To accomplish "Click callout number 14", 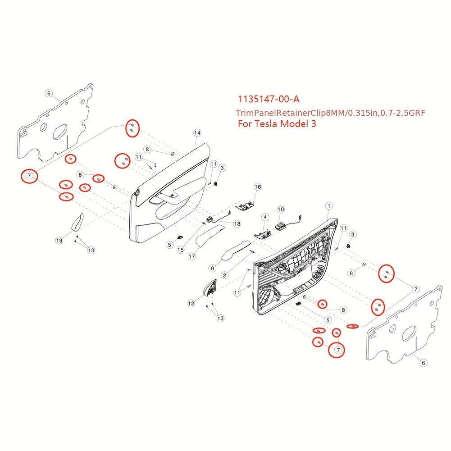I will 197,132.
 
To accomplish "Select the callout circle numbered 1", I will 329,205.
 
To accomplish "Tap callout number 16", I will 258,187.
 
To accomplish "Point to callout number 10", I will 281,210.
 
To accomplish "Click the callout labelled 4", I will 265,218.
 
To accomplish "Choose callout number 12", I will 191,304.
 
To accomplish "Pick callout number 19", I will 59,241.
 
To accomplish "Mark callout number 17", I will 191,256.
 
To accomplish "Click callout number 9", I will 212,268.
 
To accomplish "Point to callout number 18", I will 237,223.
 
